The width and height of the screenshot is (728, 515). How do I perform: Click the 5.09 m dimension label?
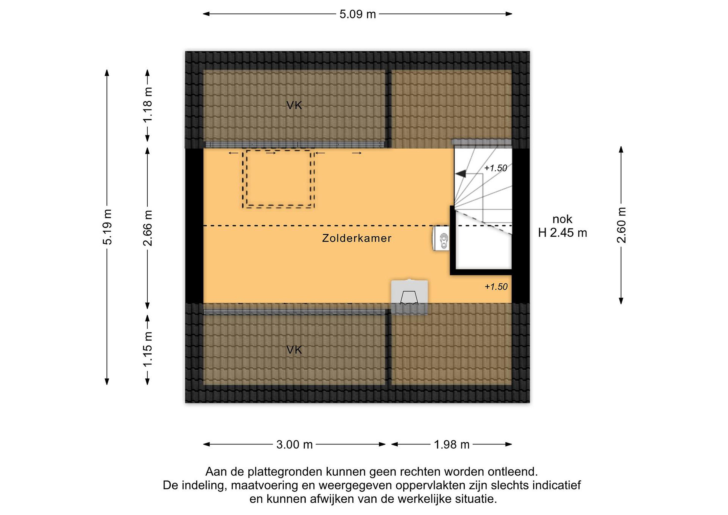(x=357, y=14)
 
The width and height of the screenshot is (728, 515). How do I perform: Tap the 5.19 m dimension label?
(x=108, y=227)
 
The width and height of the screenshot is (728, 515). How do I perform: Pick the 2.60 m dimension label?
(x=622, y=225)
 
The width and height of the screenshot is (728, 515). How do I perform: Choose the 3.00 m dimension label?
(x=294, y=445)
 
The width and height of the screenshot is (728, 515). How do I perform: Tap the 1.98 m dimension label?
(x=451, y=445)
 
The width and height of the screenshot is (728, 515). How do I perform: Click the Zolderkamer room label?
(x=357, y=238)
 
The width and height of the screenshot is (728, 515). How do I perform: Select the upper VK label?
(x=294, y=105)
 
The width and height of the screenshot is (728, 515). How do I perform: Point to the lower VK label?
(x=294, y=350)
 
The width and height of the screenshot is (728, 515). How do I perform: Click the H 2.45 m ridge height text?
(x=562, y=233)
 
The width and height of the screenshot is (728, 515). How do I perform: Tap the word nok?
(x=562, y=219)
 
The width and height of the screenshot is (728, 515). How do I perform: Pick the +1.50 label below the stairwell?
(x=496, y=287)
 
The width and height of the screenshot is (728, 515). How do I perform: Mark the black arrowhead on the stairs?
(x=460, y=173)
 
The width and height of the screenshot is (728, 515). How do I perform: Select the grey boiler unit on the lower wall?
(x=409, y=297)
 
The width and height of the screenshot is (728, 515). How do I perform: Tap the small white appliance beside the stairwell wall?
(x=441, y=238)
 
